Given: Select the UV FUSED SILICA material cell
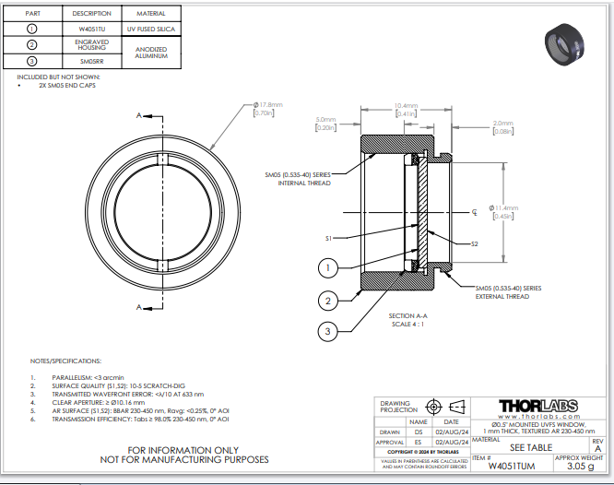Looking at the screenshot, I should pyautogui.click(x=150, y=30).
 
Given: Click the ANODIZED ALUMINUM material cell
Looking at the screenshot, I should pyautogui.click(x=150, y=52).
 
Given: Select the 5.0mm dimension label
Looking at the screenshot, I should pyautogui.click(x=325, y=124).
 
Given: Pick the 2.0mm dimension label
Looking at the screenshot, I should pyautogui.click(x=502, y=126).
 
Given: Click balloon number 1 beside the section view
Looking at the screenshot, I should pyautogui.click(x=325, y=268).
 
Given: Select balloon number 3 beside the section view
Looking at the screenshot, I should pyautogui.click(x=325, y=331).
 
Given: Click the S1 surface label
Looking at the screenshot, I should pyautogui.click(x=328, y=238).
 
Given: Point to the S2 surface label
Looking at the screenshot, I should pyautogui.click(x=474, y=243).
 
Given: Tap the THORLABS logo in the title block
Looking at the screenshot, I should pyautogui.click(x=537, y=406).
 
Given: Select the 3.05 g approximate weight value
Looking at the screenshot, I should pyautogui.click(x=580, y=467).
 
